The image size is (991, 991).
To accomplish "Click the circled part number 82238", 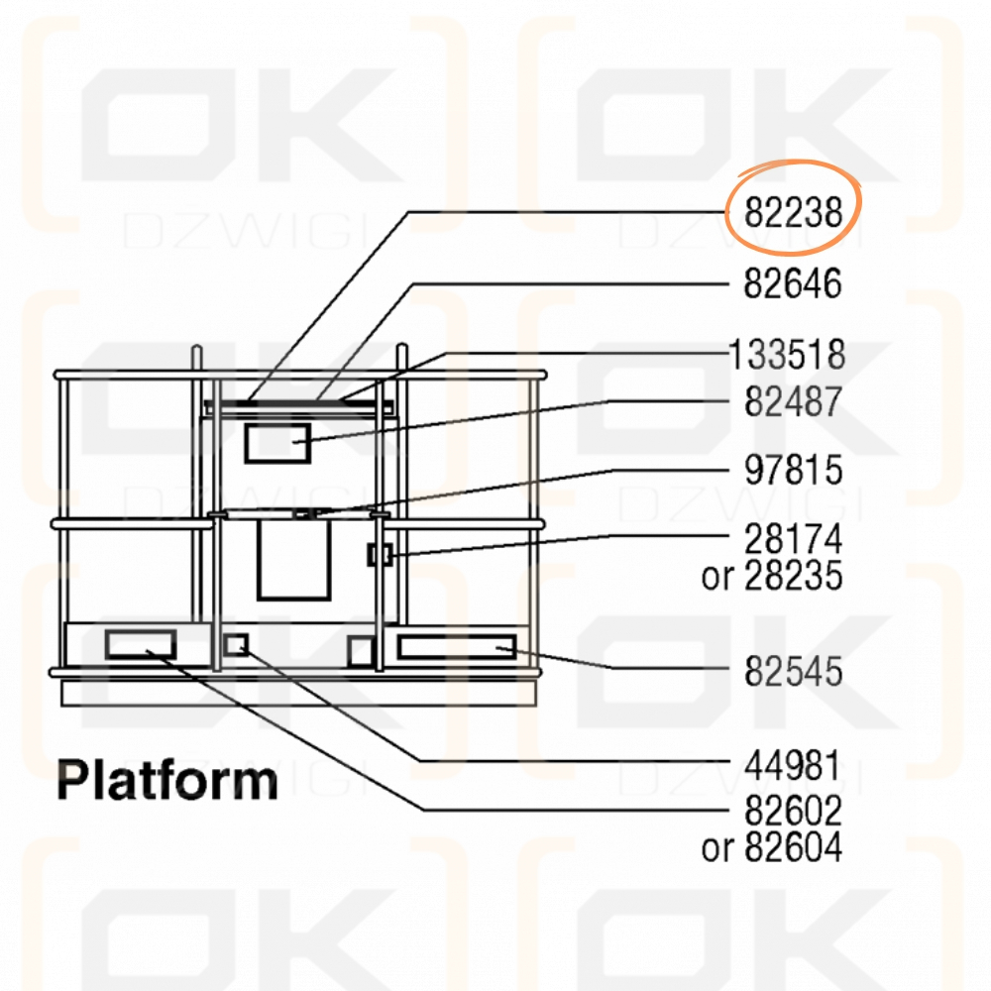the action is pyautogui.click(x=793, y=212).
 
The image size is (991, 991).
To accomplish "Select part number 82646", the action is pyautogui.click(x=793, y=283).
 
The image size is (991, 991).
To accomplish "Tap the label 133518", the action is pyautogui.click(x=787, y=355).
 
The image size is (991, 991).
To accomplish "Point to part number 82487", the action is pyautogui.click(x=793, y=401).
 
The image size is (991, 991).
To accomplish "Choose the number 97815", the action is pyautogui.click(x=793, y=470).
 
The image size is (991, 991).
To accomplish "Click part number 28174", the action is pyautogui.click(x=793, y=539).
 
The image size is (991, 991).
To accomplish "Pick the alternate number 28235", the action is pyautogui.click(x=793, y=576).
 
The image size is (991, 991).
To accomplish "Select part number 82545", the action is pyautogui.click(x=793, y=671).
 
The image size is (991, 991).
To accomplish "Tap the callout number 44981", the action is pyautogui.click(x=793, y=765).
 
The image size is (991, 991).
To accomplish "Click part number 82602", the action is pyautogui.click(x=793, y=811).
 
